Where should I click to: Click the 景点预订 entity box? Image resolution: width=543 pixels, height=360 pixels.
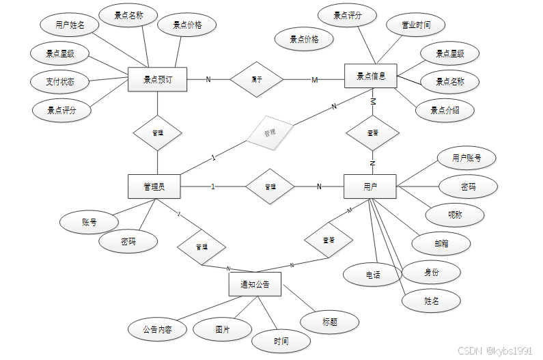pyautogui.click(x=157, y=79)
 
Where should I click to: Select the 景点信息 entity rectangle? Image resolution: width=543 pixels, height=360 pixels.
pyautogui.click(x=372, y=76)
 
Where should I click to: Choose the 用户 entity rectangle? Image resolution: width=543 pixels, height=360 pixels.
pyautogui.click(x=370, y=186)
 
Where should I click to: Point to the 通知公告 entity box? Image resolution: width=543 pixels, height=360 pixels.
pyautogui.click(x=255, y=284)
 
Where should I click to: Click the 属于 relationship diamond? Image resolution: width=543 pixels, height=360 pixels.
pyautogui.click(x=256, y=79)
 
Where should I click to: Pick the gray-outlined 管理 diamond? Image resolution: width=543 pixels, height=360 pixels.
pyautogui.click(x=269, y=133)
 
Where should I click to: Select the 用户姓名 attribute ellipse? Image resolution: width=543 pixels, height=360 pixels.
pyautogui.click(x=70, y=25)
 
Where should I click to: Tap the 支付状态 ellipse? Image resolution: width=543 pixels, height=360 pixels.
pyautogui.click(x=61, y=82)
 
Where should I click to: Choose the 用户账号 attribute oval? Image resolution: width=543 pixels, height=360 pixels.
pyautogui.click(x=466, y=158)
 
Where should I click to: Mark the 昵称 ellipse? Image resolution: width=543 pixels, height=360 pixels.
pyautogui.click(x=455, y=214)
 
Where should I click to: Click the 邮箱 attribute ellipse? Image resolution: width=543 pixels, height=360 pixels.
pyautogui.click(x=441, y=243)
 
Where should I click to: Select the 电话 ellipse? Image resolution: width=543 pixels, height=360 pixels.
pyautogui.click(x=372, y=275)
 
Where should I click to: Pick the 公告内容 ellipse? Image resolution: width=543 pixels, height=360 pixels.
pyautogui.click(x=157, y=329)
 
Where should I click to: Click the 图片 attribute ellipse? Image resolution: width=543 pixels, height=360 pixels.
pyautogui.click(x=223, y=329)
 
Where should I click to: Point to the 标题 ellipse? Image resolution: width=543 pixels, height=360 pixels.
pyautogui.click(x=330, y=322)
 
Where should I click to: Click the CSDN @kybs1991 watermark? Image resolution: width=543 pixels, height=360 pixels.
pyautogui.click(x=495, y=350)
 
